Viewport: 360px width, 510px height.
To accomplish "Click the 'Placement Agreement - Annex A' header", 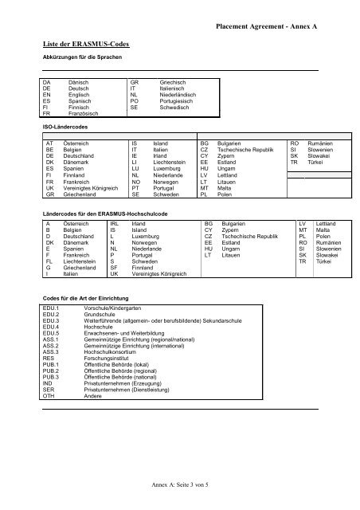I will pyautogui.click(x=266, y=26).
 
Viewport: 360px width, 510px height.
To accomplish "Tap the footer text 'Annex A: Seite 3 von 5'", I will pyautogui.click(x=179, y=484).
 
